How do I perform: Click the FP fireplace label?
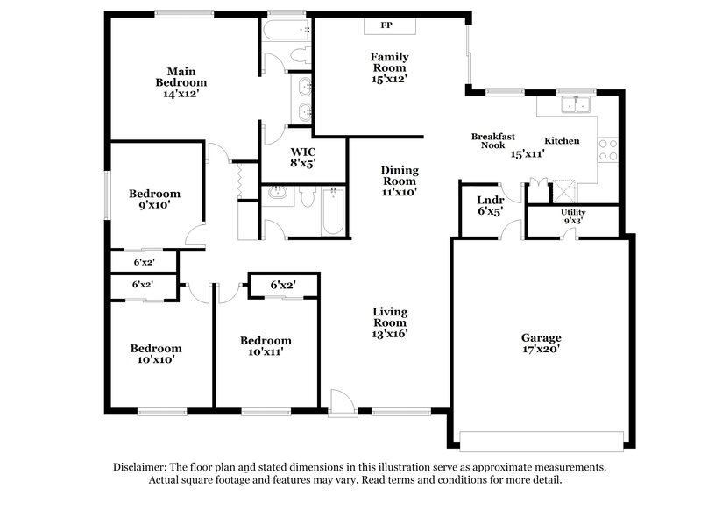386,25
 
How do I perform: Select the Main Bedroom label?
181,76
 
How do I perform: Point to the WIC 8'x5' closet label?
302,156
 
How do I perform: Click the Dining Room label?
399,181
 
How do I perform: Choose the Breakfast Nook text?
492,141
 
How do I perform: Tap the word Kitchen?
562,141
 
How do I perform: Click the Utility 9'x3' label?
573,216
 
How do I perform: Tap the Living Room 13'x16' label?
390,322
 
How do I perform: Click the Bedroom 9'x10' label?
154,199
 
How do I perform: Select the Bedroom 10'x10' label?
156,353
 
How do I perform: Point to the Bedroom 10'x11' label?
266,345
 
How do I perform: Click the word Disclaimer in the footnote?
140,467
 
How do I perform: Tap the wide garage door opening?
542,439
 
